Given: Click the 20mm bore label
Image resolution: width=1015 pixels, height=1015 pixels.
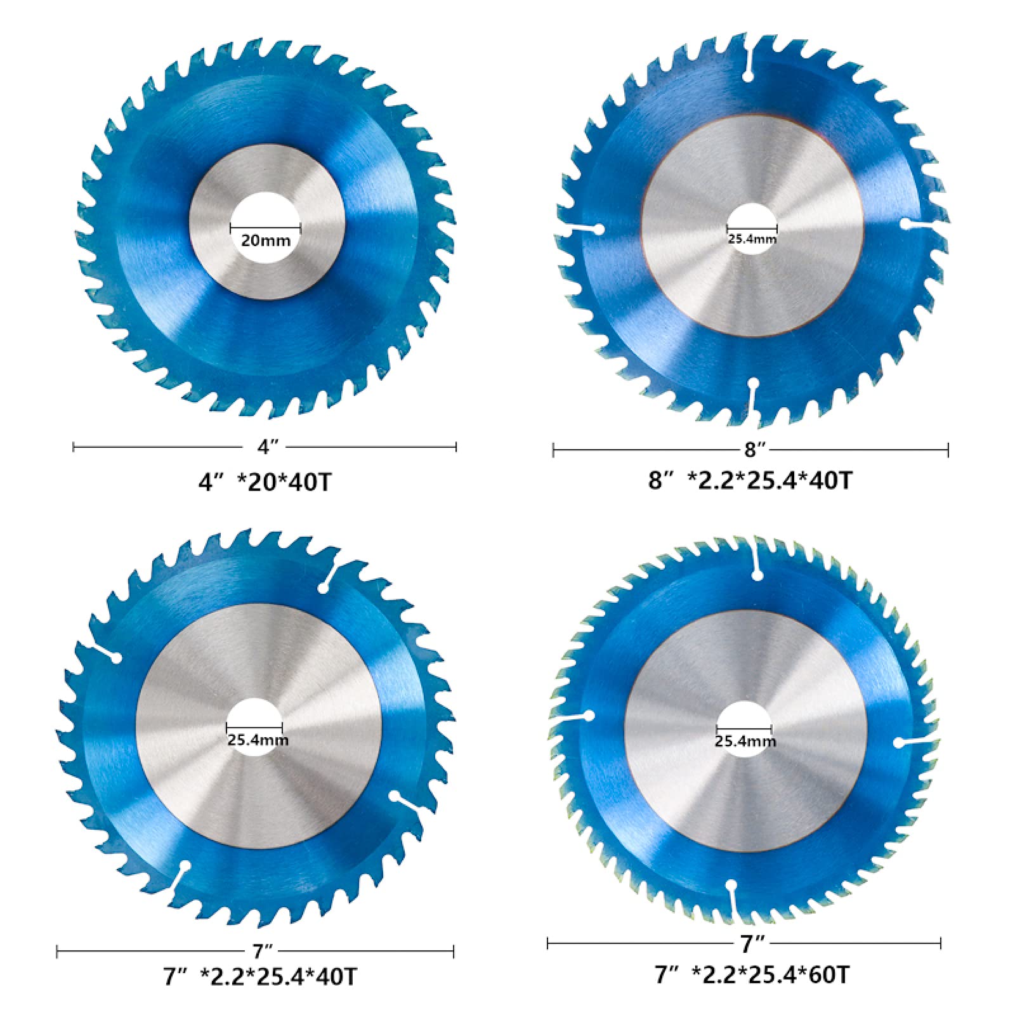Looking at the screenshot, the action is (x=266, y=241).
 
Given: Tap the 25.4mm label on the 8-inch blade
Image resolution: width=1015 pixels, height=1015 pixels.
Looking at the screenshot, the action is (x=752, y=239).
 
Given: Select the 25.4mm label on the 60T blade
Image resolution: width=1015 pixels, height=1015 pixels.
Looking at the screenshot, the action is (x=745, y=741).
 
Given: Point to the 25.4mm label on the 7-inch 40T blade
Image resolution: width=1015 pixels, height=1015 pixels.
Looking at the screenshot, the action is (x=258, y=740).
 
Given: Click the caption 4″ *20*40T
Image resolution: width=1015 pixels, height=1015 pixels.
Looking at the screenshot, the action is (x=265, y=483).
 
